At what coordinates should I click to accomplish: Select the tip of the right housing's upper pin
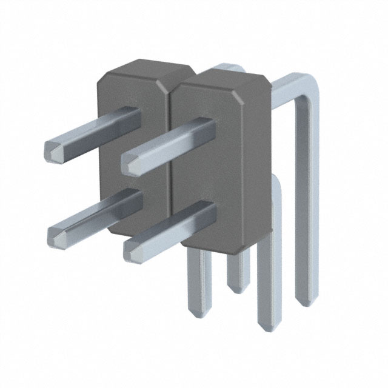pyautogui.click(x=132, y=164)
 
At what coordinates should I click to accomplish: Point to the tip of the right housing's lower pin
pyautogui.click(x=133, y=250)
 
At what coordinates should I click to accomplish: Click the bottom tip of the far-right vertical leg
pyautogui.click(x=306, y=303)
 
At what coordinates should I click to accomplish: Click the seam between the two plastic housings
pyautogui.click(x=172, y=152)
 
